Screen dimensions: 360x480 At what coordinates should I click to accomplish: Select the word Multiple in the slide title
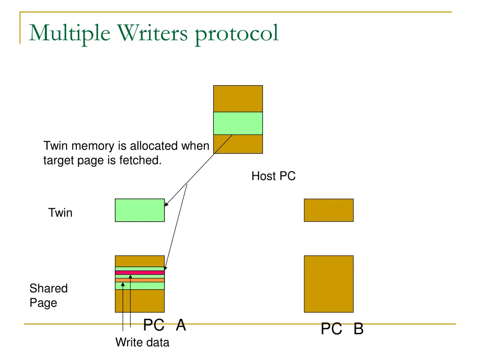(x=70, y=33)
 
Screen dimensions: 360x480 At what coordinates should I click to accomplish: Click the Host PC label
(x=273, y=176)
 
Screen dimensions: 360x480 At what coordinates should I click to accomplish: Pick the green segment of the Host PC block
(x=238, y=123)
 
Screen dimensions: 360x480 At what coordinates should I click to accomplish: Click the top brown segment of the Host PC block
(x=238, y=98)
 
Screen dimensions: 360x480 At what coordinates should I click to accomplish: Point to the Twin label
(x=60, y=213)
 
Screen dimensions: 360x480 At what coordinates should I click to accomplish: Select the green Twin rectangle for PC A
(x=140, y=210)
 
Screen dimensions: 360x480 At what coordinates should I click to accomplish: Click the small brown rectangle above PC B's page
(x=329, y=210)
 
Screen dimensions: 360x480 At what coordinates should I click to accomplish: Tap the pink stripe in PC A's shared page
(x=140, y=272)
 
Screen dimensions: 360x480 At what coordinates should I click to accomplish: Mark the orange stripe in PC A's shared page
(x=140, y=280)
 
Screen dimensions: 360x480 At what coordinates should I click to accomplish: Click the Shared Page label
(x=48, y=295)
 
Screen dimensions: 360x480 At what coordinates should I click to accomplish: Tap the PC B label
(x=342, y=330)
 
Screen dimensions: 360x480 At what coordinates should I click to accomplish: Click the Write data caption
(x=142, y=343)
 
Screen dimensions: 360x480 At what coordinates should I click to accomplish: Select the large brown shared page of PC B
(x=329, y=284)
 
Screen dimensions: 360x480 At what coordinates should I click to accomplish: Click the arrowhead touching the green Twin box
(x=166, y=204)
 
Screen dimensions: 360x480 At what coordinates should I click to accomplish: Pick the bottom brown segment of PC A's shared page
(x=140, y=300)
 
